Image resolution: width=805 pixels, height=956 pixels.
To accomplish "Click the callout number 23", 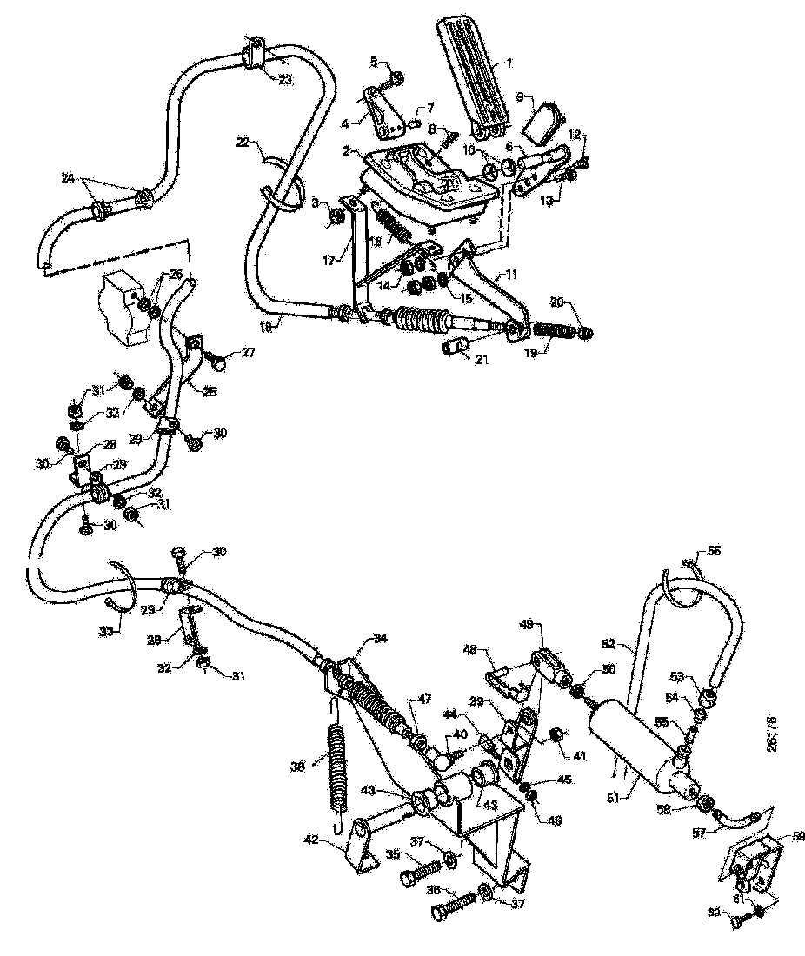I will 285,79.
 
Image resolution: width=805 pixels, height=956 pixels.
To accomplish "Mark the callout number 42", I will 334,840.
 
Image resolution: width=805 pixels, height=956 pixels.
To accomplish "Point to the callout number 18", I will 269,327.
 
